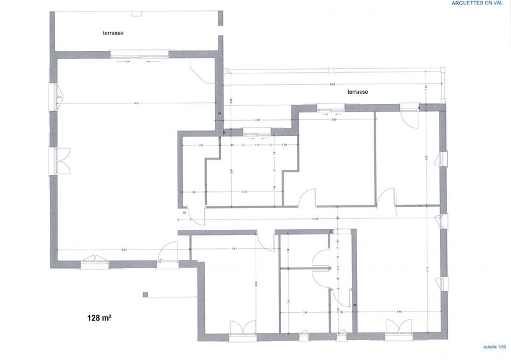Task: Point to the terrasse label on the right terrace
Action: point(357,92)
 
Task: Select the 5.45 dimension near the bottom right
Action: point(399,312)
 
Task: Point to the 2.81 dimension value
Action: point(257,120)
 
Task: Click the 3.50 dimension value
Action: point(333,120)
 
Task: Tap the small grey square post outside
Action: point(146,294)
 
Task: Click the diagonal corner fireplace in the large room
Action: point(202,71)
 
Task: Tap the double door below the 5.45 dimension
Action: point(400,328)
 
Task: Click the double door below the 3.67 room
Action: point(243,328)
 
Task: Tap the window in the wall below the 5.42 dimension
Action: point(94,260)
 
